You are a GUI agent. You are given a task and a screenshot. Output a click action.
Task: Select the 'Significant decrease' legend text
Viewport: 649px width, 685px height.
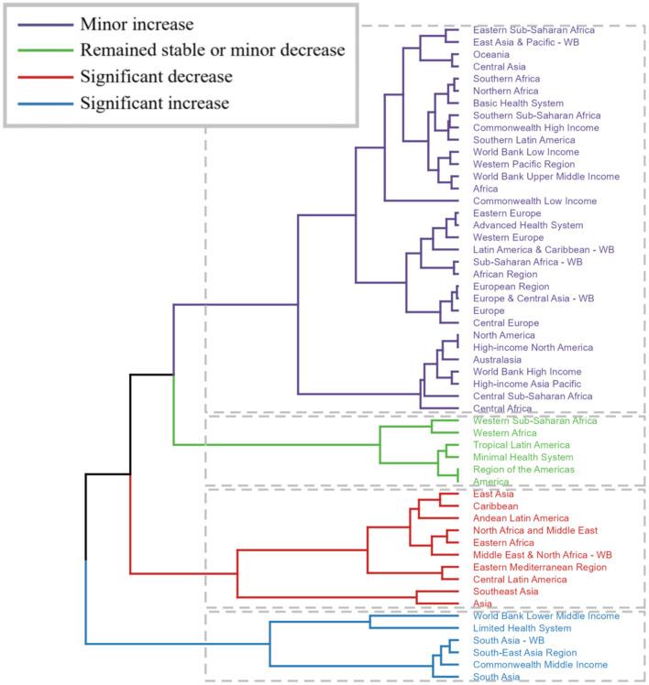[156, 76]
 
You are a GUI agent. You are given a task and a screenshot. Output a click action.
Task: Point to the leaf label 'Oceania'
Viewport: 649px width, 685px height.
[492, 55]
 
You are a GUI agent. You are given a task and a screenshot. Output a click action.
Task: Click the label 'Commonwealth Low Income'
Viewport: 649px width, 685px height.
[534, 201]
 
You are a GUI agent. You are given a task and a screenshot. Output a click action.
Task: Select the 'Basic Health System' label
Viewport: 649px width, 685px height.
[518, 103]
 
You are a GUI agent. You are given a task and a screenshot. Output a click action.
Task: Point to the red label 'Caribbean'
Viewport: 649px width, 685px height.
[496, 506]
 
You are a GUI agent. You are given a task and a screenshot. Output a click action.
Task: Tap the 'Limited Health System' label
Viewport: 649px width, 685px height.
[522, 628]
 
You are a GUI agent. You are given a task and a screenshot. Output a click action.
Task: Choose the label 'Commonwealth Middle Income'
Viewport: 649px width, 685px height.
[540, 665]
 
